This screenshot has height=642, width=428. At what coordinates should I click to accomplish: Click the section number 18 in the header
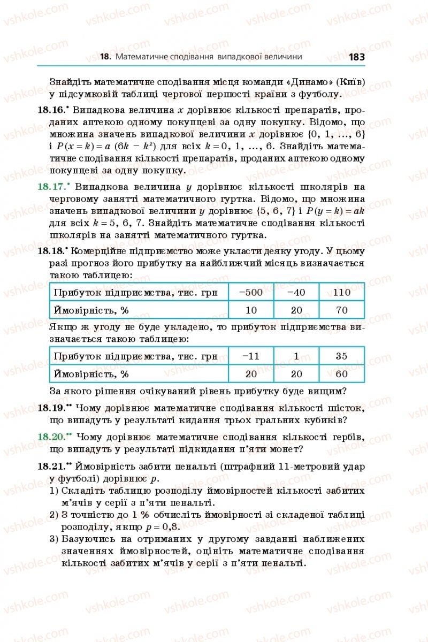pos(105,57)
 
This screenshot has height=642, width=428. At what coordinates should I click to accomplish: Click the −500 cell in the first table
pos(251,292)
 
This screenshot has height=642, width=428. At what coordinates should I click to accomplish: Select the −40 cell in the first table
pos(296,292)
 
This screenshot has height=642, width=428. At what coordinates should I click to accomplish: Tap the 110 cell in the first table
pos(341,292)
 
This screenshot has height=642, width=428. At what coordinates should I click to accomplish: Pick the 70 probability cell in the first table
pos(341,310)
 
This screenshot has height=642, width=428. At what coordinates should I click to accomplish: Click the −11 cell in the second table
pos(251,356)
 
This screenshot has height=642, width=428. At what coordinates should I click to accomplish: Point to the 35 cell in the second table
pos(341,356)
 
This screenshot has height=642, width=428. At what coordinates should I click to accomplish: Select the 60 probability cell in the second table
pos(341,374)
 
